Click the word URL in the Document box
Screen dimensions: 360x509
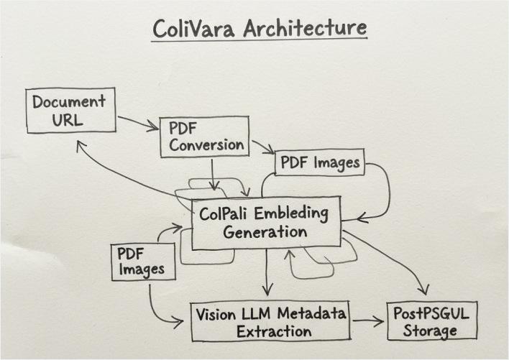(x=68, y=119)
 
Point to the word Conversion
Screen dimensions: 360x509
(x=206, y=145)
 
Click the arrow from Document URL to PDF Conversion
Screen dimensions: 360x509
(x=137, y=124)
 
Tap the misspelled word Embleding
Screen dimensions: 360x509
(x=290, y=213)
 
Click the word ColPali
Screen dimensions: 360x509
(x=227, y=214)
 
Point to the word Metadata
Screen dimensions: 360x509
(x=310, y=313)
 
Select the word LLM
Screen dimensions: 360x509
(x=260, y=313)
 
